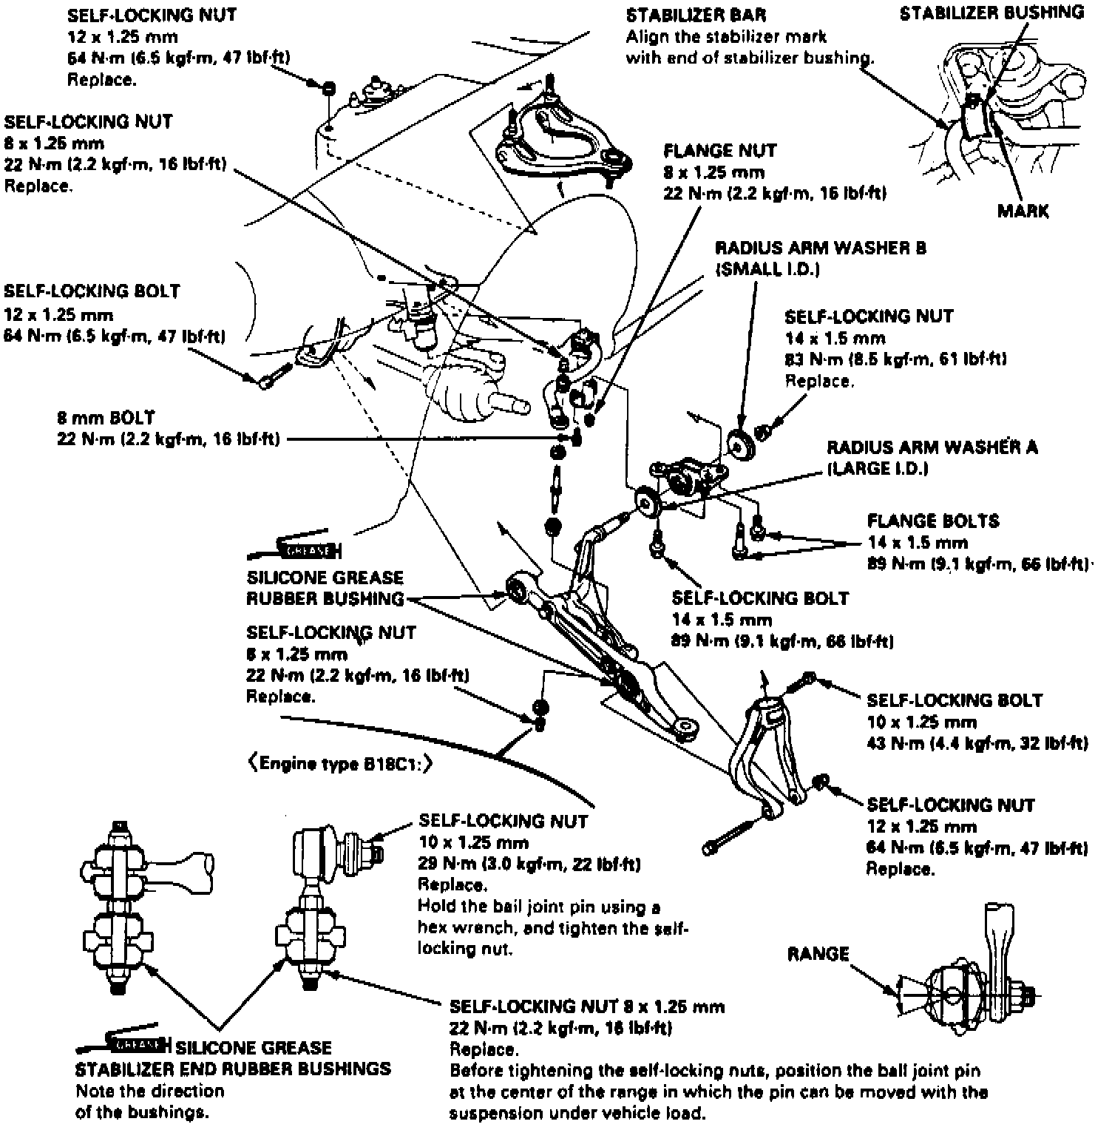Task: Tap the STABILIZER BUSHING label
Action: pos(991,13)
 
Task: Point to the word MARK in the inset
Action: pos(1023,211)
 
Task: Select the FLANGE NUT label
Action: pos(719,151)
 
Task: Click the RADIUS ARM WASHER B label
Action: pos(820,248)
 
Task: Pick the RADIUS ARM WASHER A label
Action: pos(932,447)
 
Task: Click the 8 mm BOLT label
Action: pos(106,418)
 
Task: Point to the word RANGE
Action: pos(818,954)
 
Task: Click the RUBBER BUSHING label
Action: pos(326,598)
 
